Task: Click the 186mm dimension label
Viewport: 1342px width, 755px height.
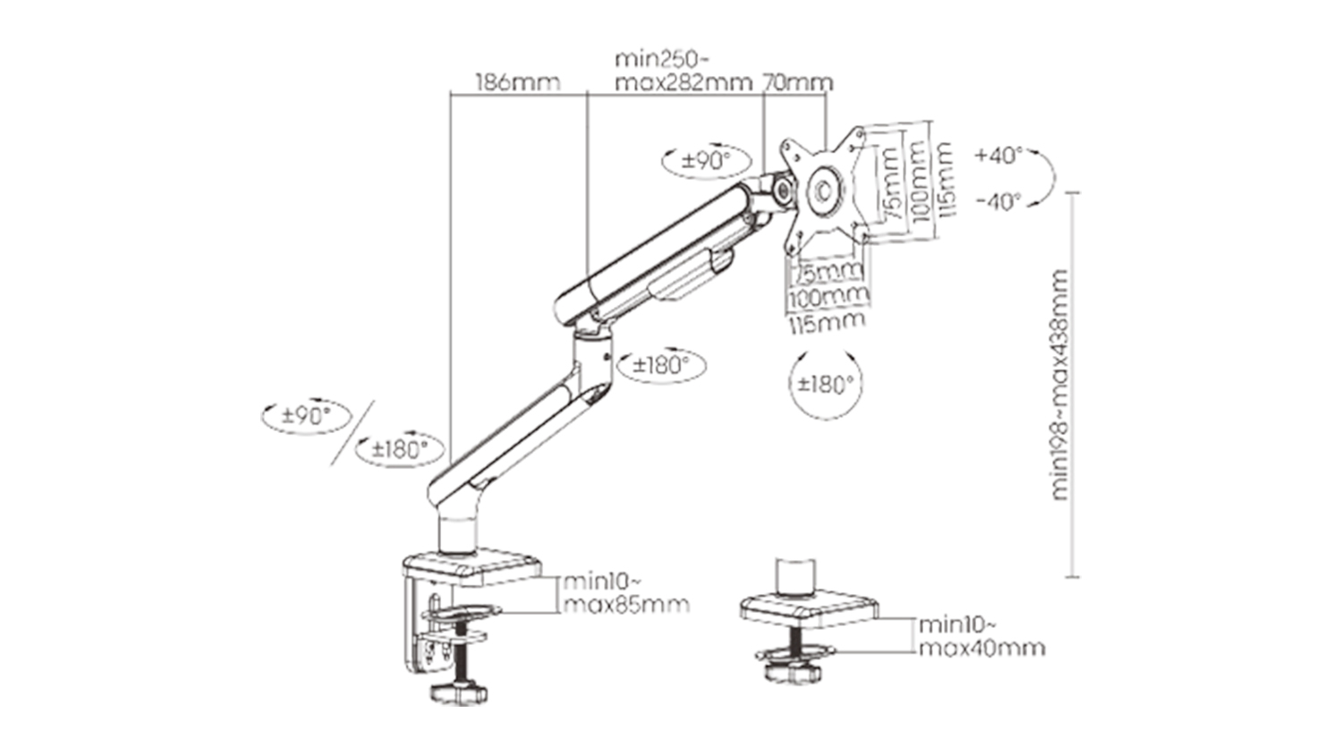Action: point(518,82)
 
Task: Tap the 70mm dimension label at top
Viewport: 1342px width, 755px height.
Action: point(797,82)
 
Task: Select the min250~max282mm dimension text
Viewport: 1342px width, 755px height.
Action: point(684,71)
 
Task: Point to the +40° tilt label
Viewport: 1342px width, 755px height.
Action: point(998,155)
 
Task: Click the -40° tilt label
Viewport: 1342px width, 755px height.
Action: point(998,201)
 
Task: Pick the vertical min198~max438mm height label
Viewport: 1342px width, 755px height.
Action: point(1060,385)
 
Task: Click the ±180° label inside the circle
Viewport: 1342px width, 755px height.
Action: point(825,384)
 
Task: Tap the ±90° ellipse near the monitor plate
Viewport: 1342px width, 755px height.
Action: point(707,161)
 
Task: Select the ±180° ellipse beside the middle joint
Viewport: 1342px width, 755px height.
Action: point(661,364)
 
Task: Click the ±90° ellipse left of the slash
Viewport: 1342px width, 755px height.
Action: point(306,416)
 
